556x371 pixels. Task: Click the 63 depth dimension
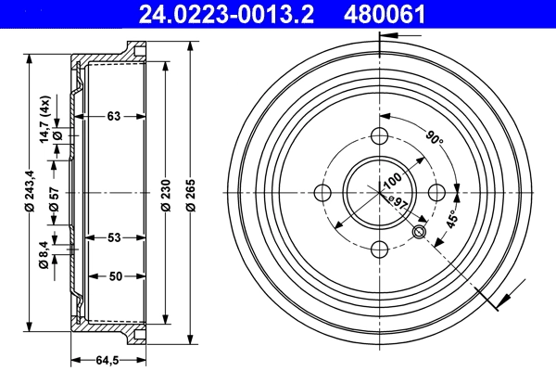[x=113, y=116]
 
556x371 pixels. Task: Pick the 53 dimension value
[x=113, y=238]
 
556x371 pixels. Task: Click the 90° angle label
[x=434, y=139]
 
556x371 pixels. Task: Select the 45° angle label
[x=452, y=219]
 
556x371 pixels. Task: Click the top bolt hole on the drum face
[x=379, y=136]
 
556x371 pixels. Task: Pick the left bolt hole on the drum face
[x=322, y=193]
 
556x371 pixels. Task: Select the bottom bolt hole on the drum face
[x=379, y=249]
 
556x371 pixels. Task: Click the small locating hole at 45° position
[x=419, y=232]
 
